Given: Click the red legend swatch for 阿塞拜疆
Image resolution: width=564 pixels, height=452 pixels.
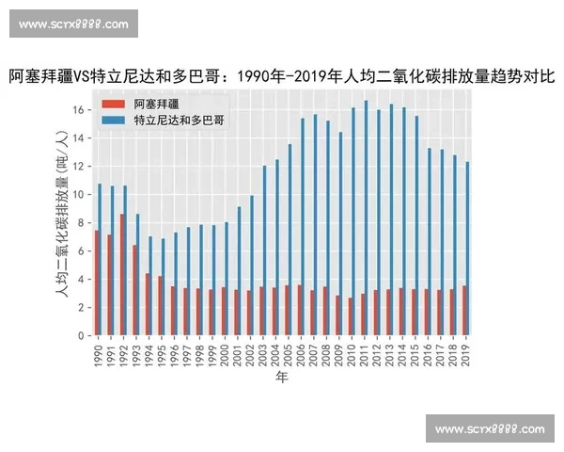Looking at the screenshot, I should pyautogui.click(x=113, y=104).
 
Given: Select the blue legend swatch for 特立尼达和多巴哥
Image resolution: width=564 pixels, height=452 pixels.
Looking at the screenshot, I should pyautogui.click(x=113, y=121).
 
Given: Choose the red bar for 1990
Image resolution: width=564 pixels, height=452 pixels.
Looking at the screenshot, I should pyautogui.click(x=96, y=283).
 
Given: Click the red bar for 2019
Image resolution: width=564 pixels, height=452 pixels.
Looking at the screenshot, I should pyautogui.click(x=463, y=311).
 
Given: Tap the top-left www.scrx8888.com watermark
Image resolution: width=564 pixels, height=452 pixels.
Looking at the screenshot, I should pyautogui.click(x=74, y=24).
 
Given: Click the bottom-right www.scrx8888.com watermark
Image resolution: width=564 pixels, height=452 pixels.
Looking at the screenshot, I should pyautogui.click(x=490, y=429).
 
